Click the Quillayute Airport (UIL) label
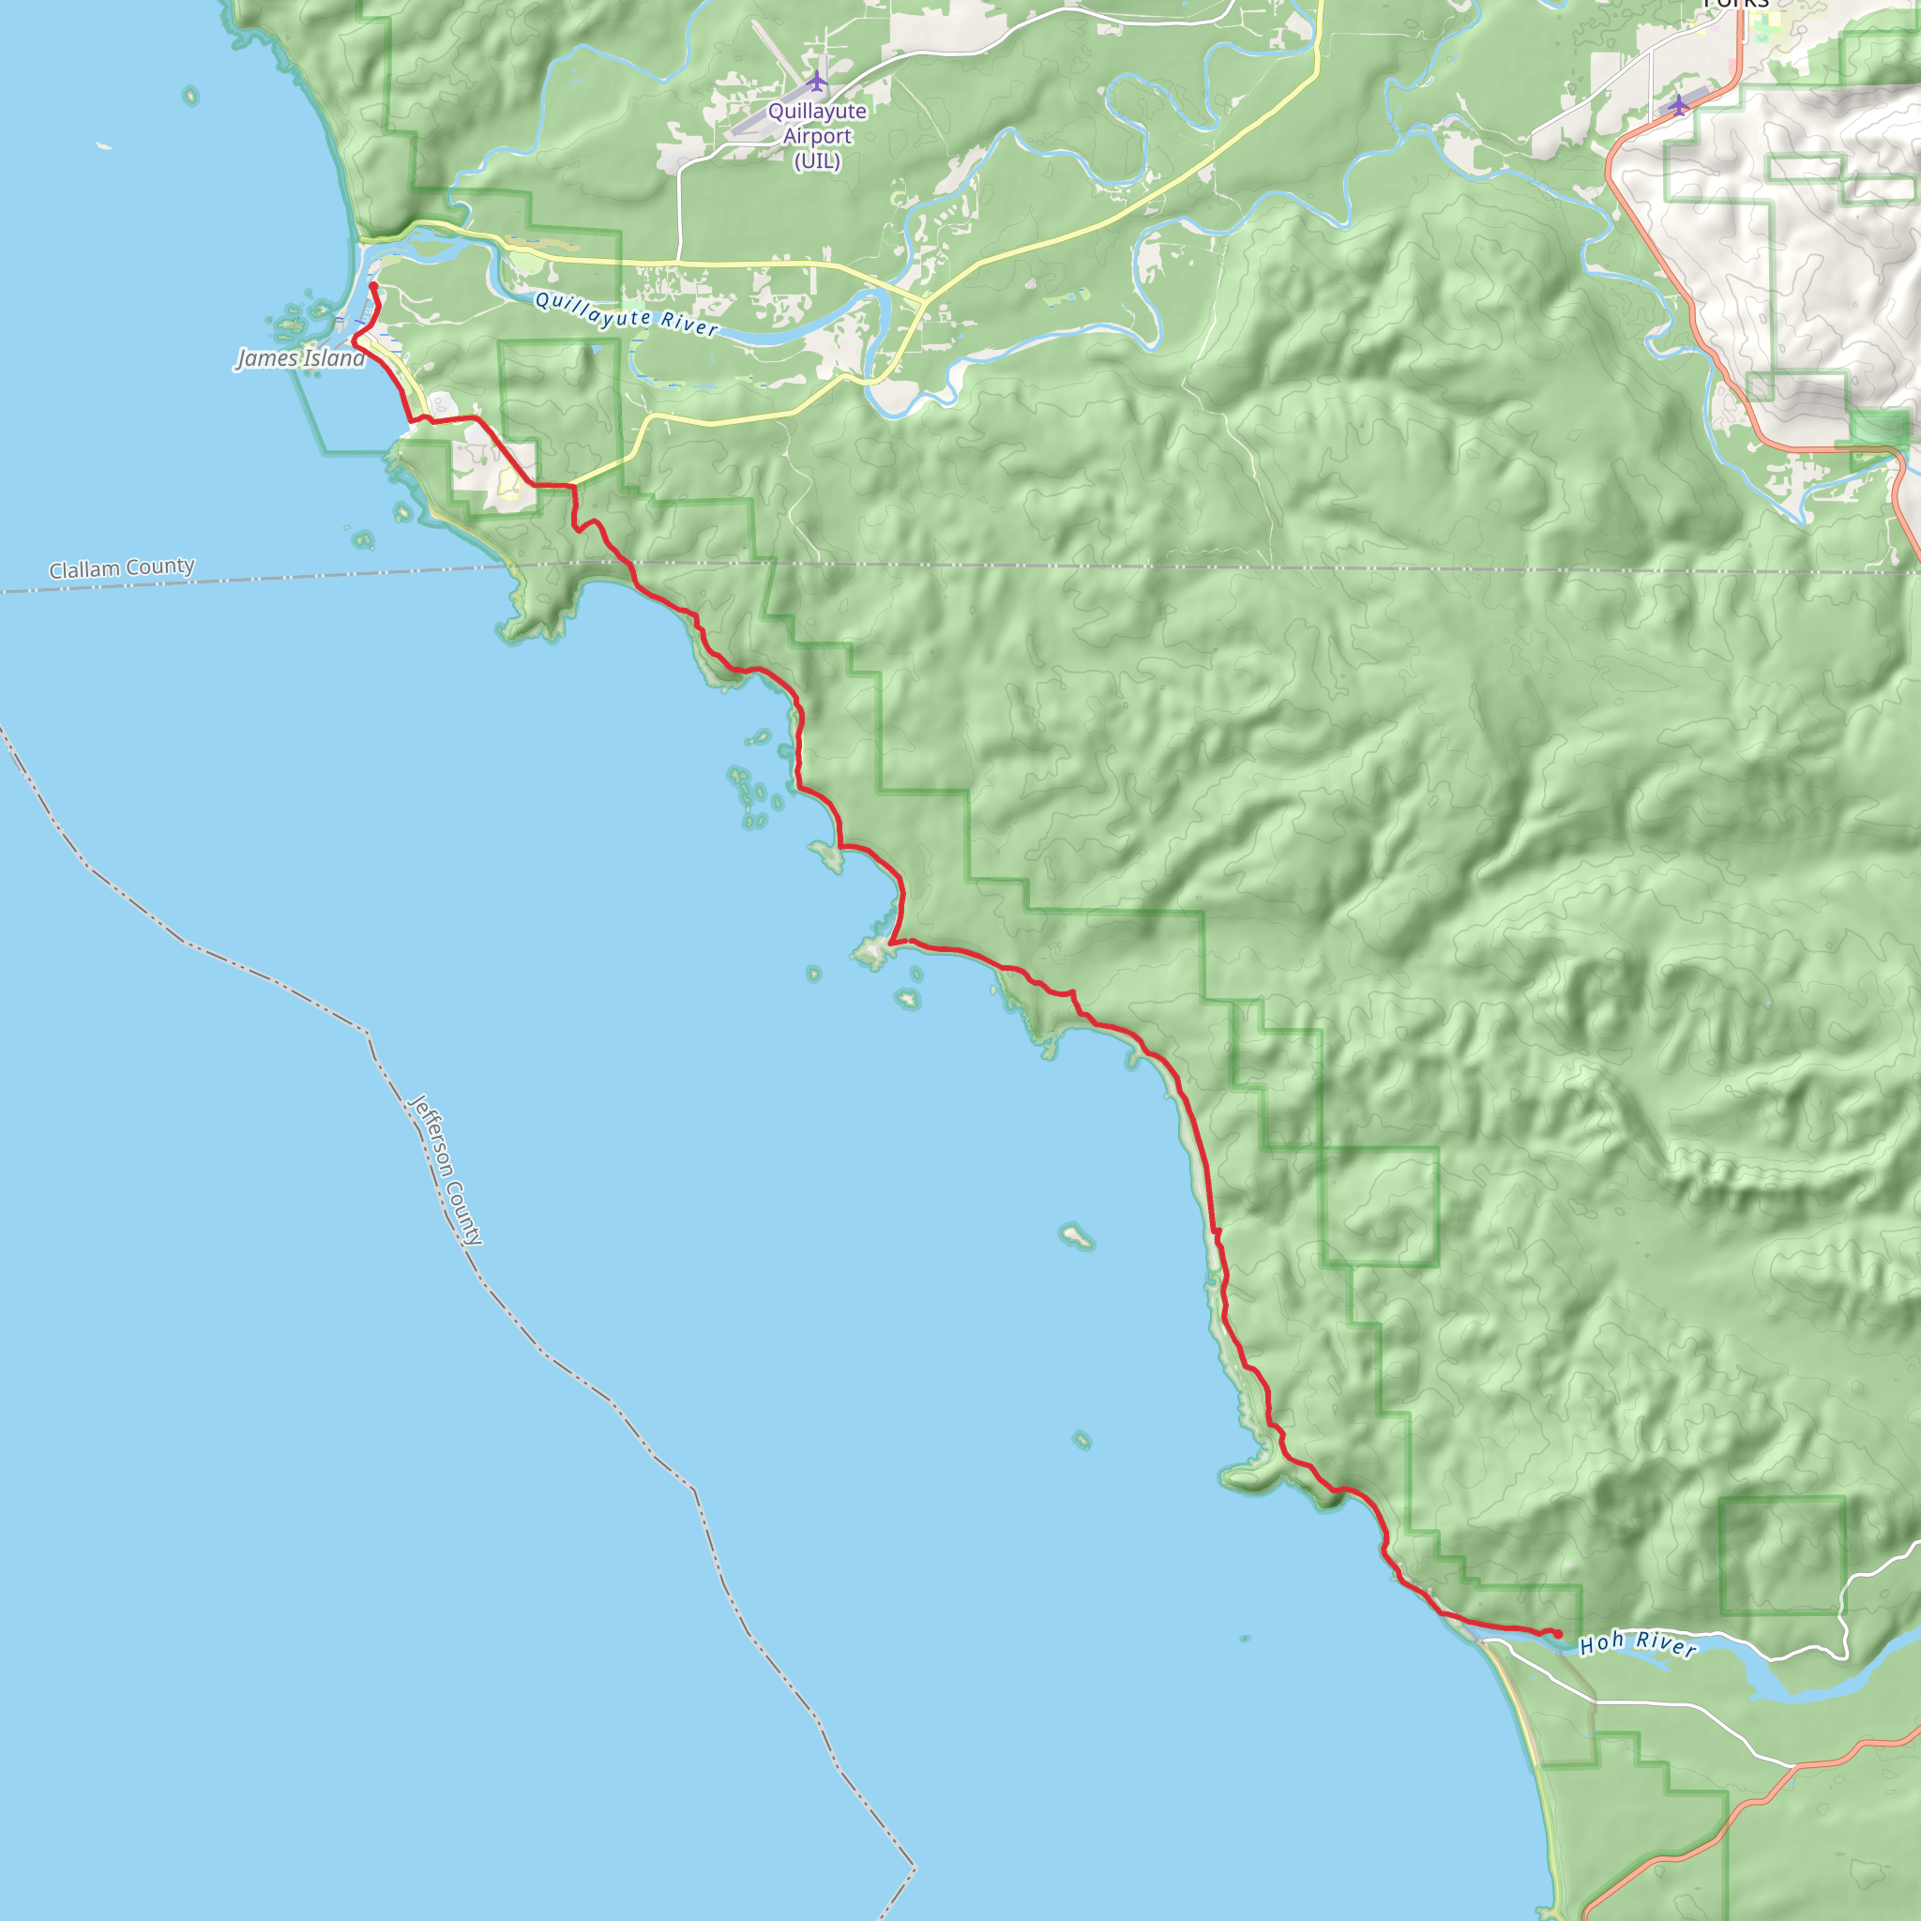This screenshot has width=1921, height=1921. point(816,136)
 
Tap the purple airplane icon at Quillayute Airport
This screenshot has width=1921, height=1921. point(816,80)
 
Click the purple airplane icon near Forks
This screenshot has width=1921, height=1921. point(1679,104)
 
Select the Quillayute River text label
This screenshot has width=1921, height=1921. point(626,314)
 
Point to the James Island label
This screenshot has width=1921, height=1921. point(300,358)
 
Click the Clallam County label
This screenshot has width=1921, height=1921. point(121,568)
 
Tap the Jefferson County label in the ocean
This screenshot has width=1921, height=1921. point(446,1171)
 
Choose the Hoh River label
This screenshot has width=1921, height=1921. point(1638,1643)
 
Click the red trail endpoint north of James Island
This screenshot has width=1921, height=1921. point(373,286)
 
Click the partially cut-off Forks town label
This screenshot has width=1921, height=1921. point(1736,4)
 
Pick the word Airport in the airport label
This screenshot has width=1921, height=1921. point(816,136)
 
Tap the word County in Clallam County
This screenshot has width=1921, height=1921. point(161,567)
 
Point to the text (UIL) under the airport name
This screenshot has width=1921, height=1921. point(816,160)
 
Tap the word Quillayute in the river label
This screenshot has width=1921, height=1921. point(593,310)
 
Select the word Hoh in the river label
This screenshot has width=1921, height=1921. point(1602,1643)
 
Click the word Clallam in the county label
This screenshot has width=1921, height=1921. point(85,570)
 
